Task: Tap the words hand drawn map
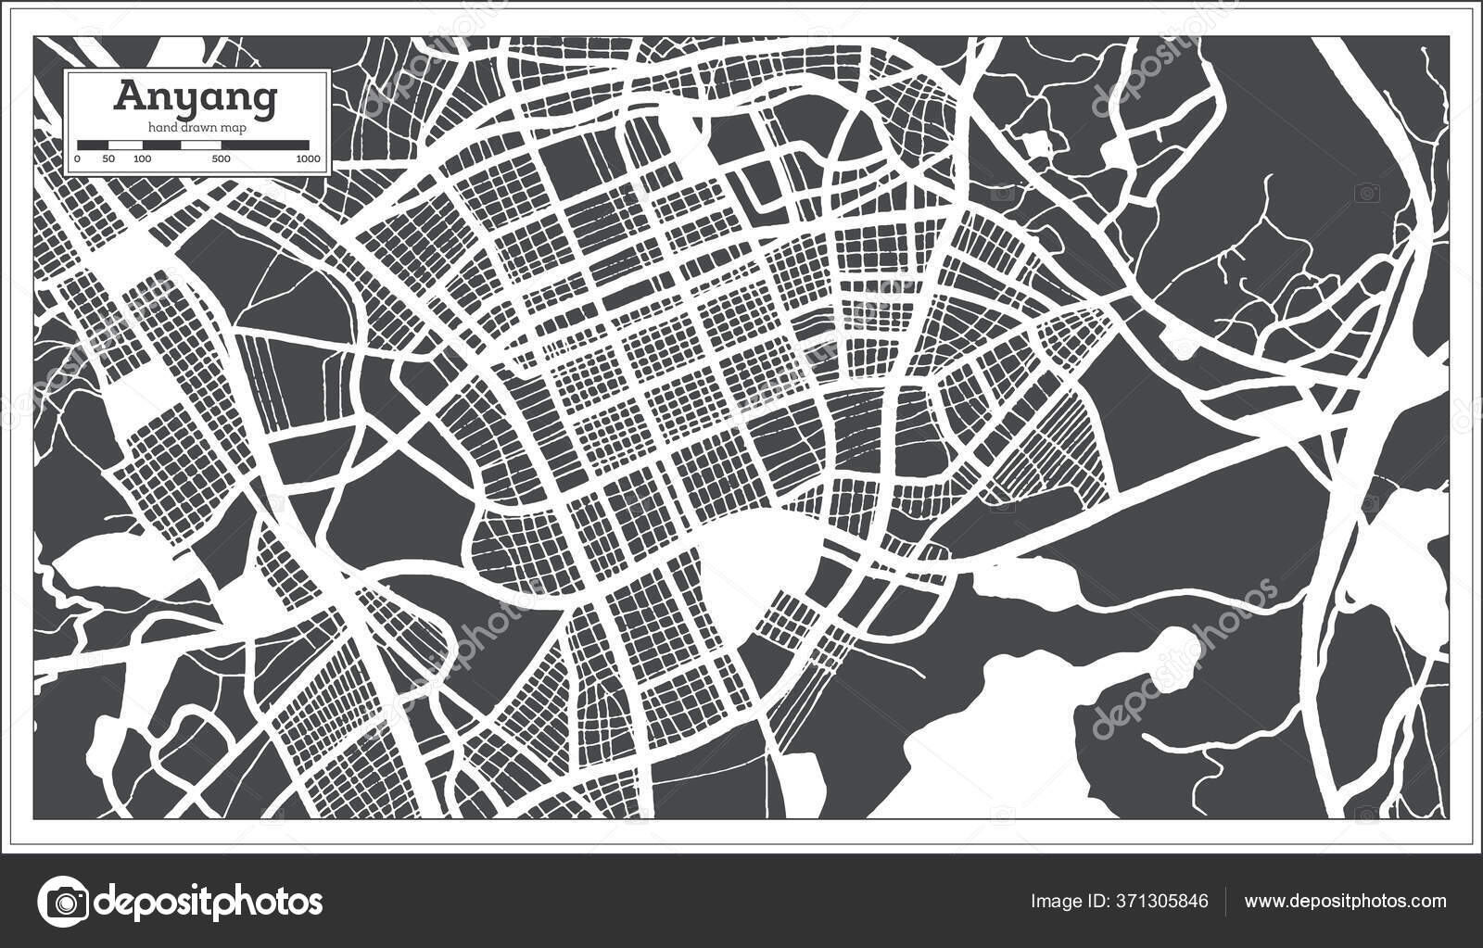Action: [195, 128]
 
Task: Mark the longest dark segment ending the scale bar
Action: [264, 145]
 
